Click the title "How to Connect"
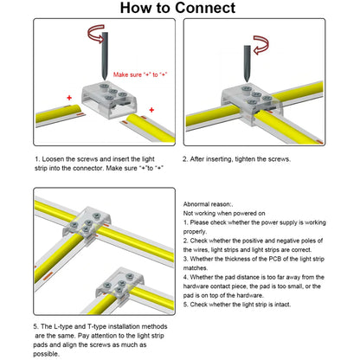pyautogui.click(x=177, y=8)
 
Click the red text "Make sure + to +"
pyautogui.click(x=140, y=74)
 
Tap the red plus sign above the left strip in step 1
pyautogui.click(x=69, y=98)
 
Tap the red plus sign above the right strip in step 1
pyautogui.click(x=151, y=110)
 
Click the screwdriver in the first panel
pyautogui.click(x=105, y=56)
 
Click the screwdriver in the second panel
pyautogui.click(x=247, y=64)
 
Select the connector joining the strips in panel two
pyautogui.click(x=252, y=104)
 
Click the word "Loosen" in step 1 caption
pyautogui.click(x=53, y=159)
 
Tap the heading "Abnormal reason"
pyautogui.click(x=208, y=204)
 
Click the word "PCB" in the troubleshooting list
pyautogui.click(x=275, y=259)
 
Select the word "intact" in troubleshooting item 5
pyautogui.click(x=282, y=305)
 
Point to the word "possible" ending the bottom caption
pyautogui.click(x=46, y=354)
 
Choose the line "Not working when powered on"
pyautogui.click(x=224, y=214)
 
